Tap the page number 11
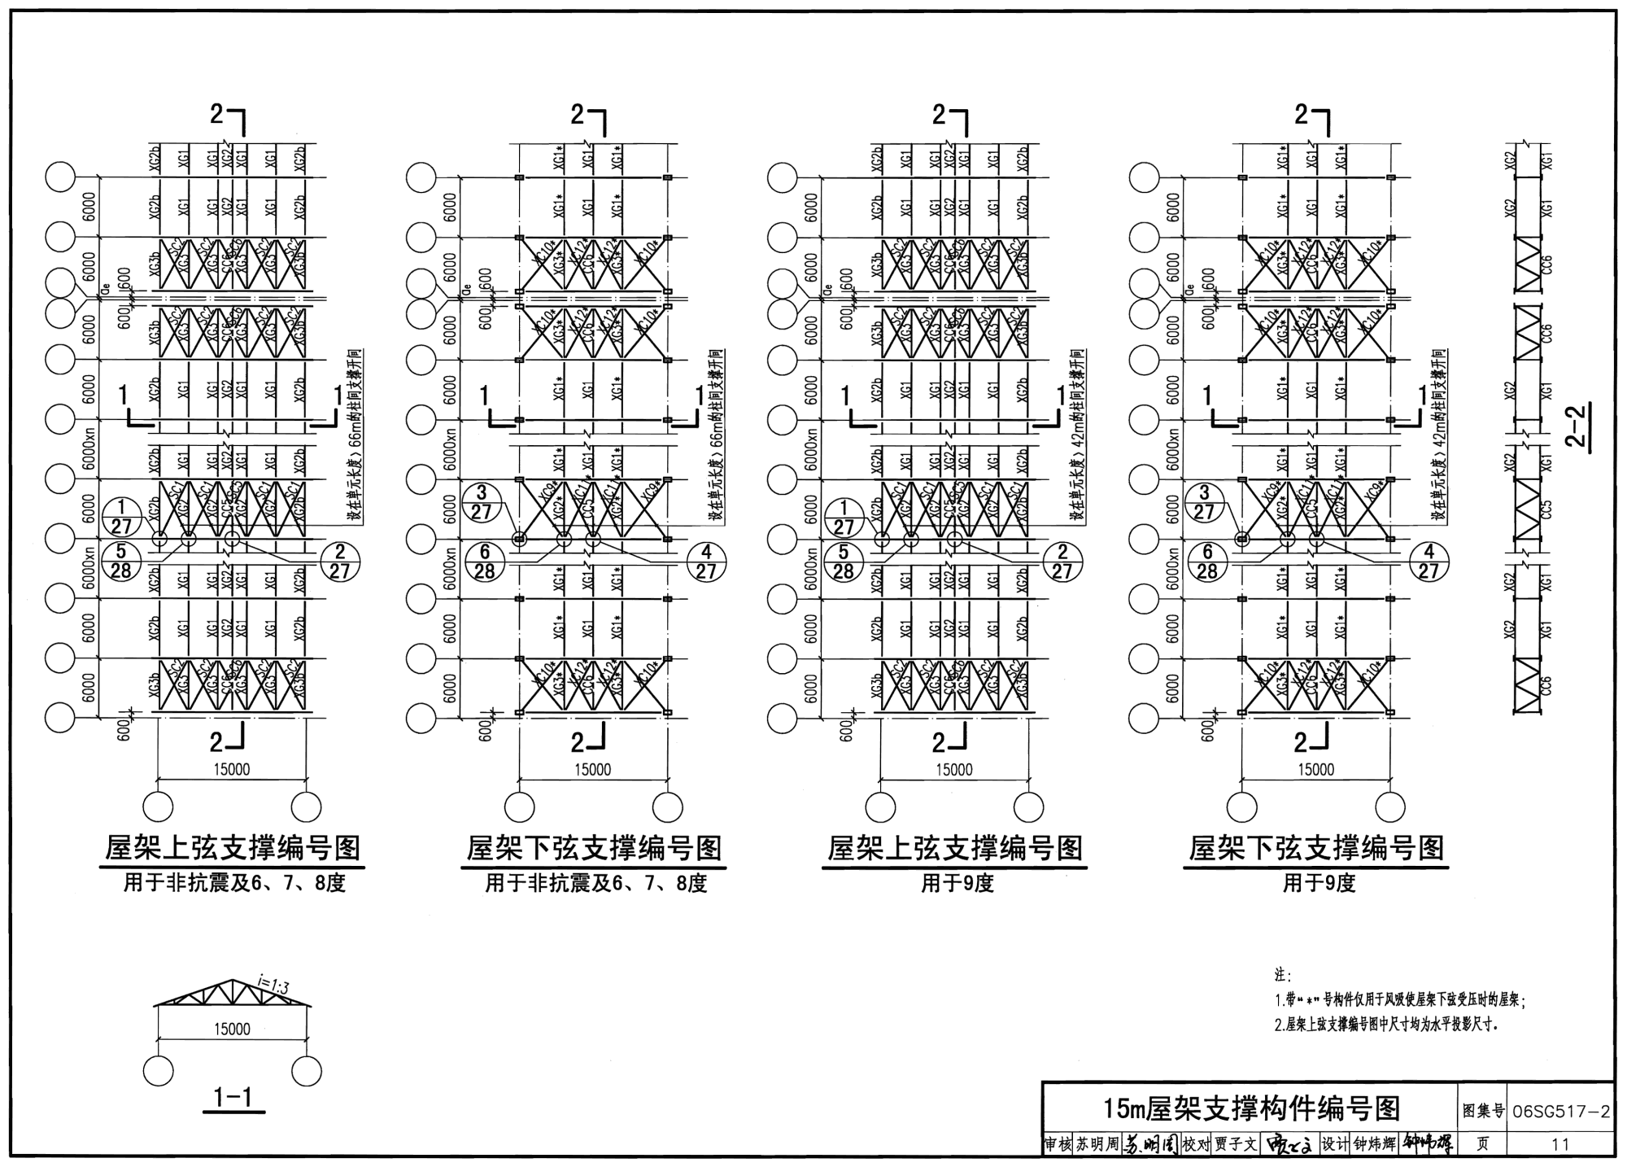point(1559,1144)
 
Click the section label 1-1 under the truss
point(233,1098)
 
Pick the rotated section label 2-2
point(1577,427)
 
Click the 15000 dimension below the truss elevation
point(232,1029)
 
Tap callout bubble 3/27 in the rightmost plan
point(1205,502)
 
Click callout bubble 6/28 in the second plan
point(484,562)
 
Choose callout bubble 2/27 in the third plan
point(1062,562)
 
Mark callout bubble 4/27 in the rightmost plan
point(1429,562)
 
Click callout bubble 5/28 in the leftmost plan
point(120,562)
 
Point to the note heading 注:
point(1283,975)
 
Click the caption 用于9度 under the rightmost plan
point(1319,884)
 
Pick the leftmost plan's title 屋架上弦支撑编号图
point(233,849)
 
